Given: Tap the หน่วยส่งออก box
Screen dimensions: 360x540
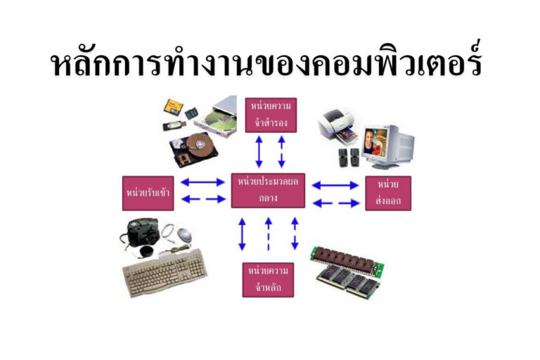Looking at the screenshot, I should point(388,193).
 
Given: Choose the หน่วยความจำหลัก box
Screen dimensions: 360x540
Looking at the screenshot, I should point(268,279).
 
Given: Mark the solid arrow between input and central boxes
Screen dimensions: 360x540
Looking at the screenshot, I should point(203,182).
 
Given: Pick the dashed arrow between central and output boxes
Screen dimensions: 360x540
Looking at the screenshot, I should point(335,202).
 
